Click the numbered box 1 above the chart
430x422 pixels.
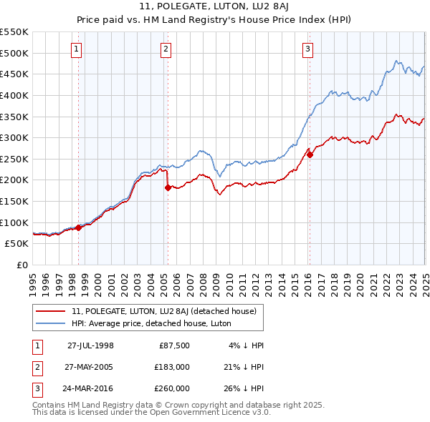click(x=76, y=49)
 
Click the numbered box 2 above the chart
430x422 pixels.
click(x=166, y=49)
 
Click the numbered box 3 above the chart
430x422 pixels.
click(x=307, y=49)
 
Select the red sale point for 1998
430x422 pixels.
click(x=79, y=227)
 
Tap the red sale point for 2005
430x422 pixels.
click(x=168, y=187)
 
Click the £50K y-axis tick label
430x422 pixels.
click(x=16, y=243)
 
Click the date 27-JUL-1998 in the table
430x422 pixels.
click(x=90, y=345)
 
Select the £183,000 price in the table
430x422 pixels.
click(x=172, y=367)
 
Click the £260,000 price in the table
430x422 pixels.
click(x=172, y=388)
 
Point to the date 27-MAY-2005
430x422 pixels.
click(x=90, y=367)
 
